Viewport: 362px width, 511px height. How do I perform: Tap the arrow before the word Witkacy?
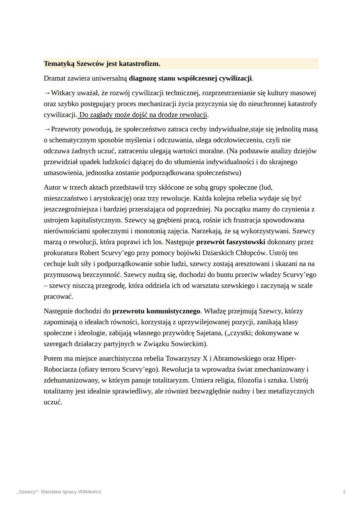click(x=47, y=93)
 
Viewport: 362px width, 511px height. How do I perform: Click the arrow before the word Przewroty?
click(x=47, y=129)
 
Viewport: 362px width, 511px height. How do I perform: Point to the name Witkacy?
click(x=63, y=93)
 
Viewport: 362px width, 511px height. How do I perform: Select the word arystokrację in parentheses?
click(x=112, y=198)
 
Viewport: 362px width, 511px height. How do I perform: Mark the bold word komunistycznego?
click(x=173, y=311)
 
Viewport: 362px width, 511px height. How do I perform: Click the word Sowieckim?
click(x=188, y=344)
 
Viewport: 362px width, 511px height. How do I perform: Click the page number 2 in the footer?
click(x=344, y=492)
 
